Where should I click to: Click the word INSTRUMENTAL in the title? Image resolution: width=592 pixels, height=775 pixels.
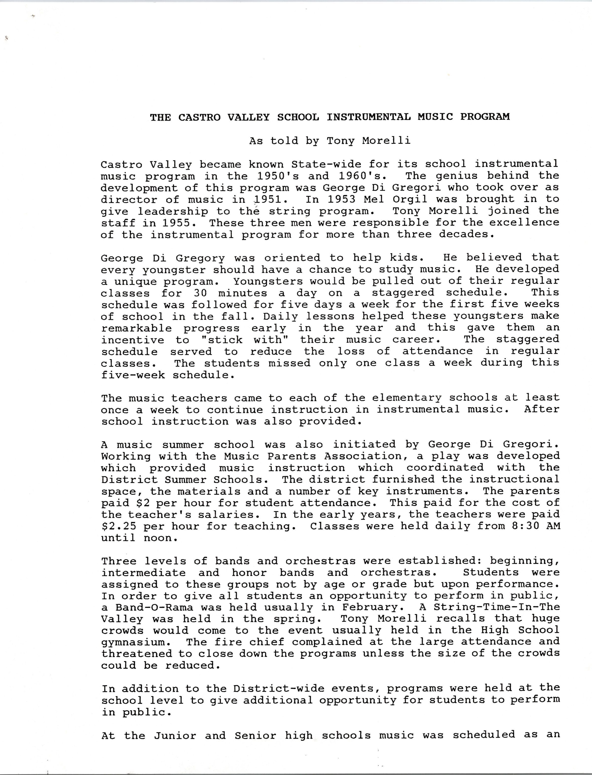368,117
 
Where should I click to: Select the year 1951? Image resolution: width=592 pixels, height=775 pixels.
269,199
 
